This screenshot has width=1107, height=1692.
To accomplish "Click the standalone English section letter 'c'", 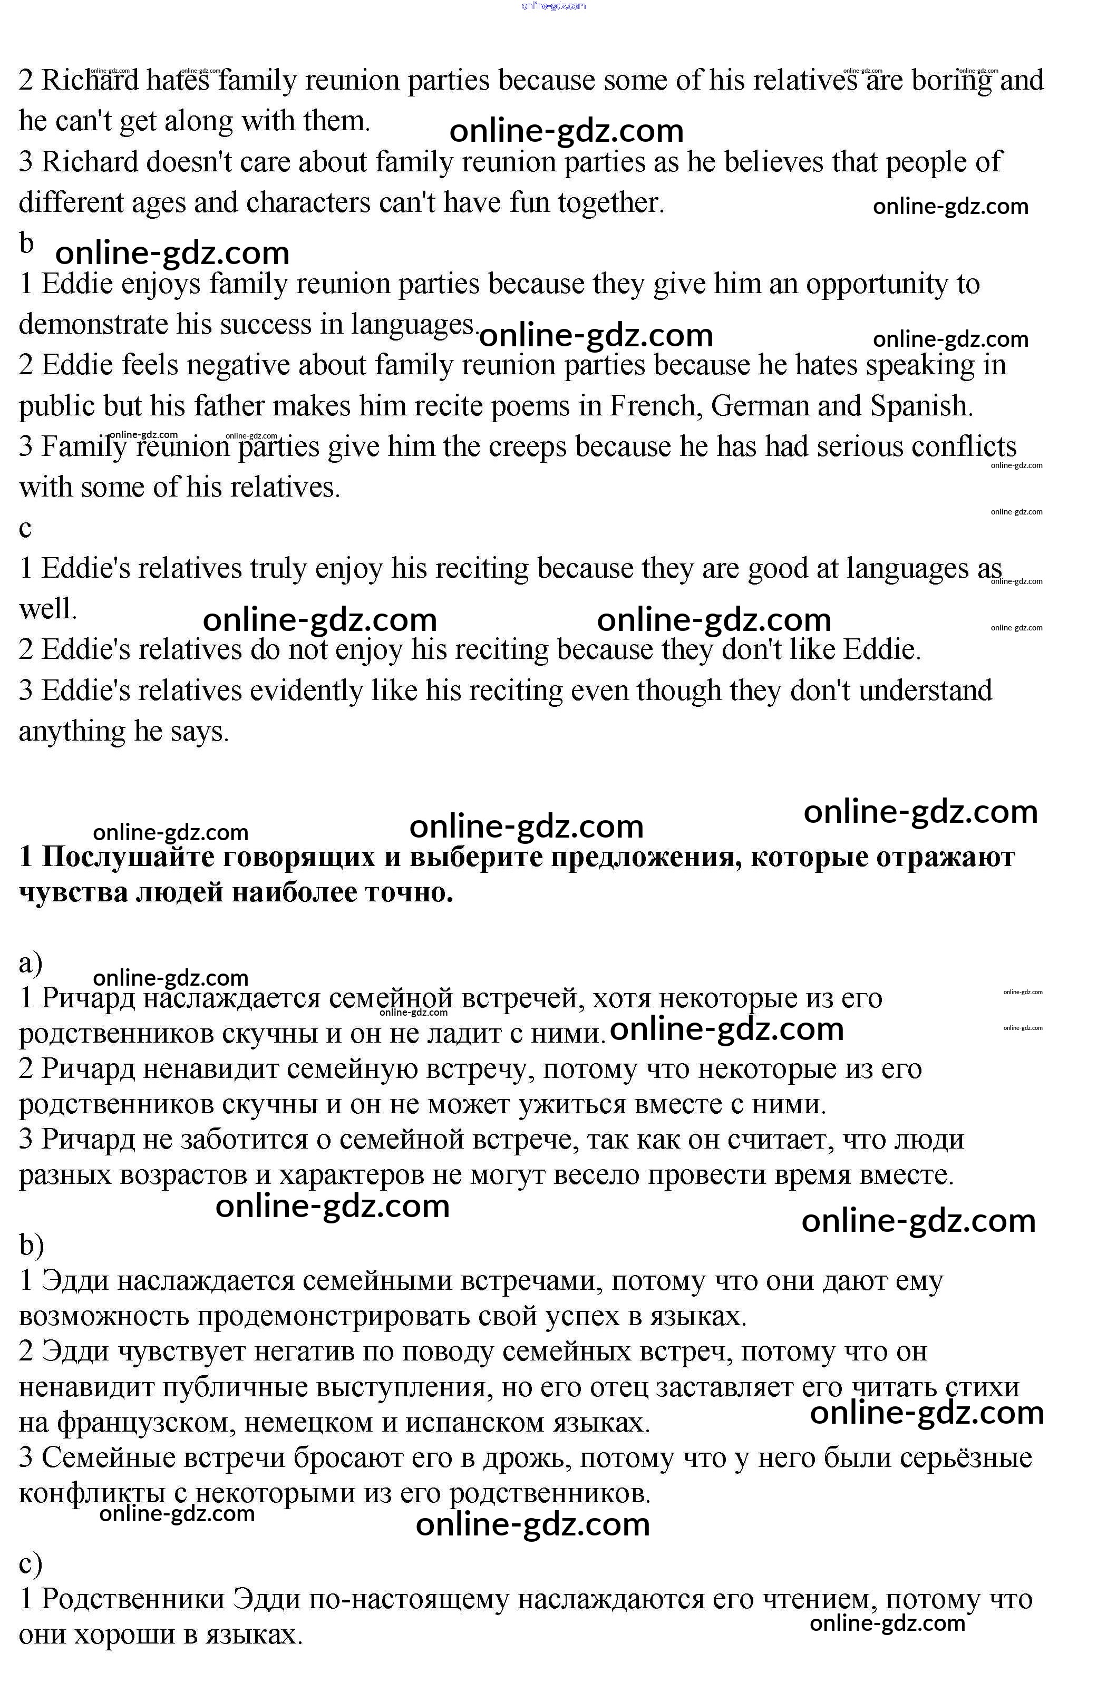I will click(x=25, y=528).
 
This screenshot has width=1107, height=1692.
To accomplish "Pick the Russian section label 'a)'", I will click(x=31, y=964).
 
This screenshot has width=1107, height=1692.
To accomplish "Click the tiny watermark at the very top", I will click(x=553, y=6).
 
